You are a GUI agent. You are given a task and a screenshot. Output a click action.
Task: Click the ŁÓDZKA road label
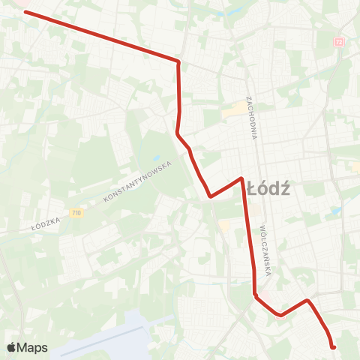(45, 222)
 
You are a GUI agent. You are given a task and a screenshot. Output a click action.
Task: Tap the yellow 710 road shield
(76, 213)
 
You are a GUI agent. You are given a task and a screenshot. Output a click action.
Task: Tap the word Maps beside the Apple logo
(34, 347)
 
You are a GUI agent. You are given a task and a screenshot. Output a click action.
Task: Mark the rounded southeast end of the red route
(332, 346)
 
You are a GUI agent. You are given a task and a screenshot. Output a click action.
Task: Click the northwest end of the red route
(25, 11)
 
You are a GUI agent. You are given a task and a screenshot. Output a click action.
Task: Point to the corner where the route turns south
(178, 61)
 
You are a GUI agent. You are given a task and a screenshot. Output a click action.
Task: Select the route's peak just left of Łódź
(241, 178)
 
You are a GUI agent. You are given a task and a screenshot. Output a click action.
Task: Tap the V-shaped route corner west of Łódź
(211, 196)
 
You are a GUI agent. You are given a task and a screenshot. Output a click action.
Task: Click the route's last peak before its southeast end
(307, 301)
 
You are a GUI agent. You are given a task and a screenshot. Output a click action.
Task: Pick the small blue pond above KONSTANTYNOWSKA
(157, 159)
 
